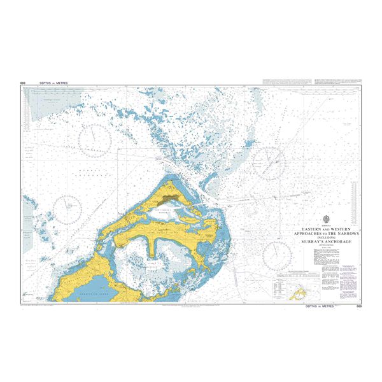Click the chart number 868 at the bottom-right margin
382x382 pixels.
point(359,306)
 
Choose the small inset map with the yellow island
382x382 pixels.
point(297,294)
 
